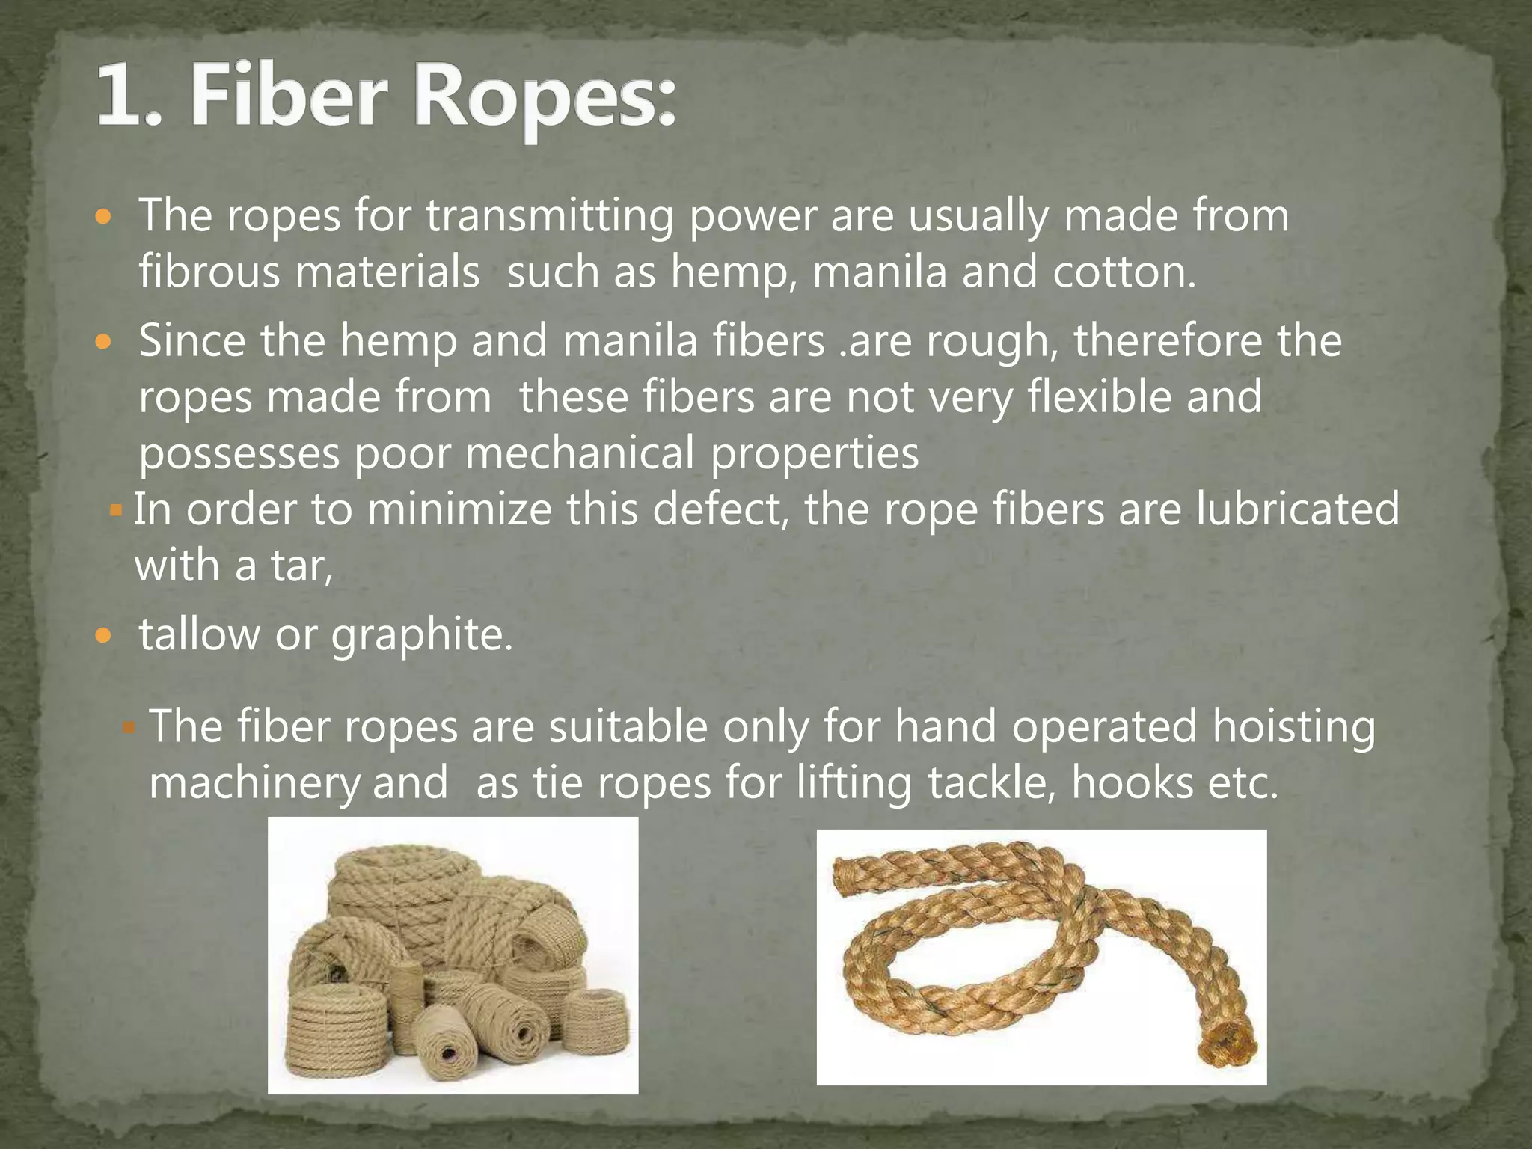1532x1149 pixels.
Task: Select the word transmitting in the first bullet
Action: (x=550, y=217)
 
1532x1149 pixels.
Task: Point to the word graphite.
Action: (x=422, y=636)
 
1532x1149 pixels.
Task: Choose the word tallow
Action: (x=199, y=634)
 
